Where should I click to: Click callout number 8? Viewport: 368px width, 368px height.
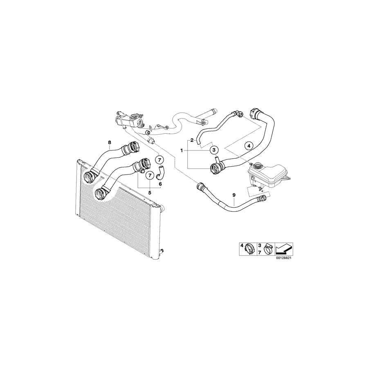pyautogui.click(x=109, y=142)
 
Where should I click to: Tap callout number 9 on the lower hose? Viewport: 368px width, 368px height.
pyautogui.click(x=234, y=195)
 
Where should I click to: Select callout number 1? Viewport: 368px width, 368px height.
pyautogui.click(x=182, y=150)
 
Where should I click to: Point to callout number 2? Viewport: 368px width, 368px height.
pyautogui.click(x=192, y=140)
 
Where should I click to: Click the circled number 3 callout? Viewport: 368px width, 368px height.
pyautogui.click(x=214, y=150)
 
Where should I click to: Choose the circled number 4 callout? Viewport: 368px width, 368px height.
pyautogui.click(x=249, y=146)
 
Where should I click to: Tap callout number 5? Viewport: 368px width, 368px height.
pyautogui.click(x=150, y=193)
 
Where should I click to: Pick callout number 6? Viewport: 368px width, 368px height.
pyautogui.click(x=160, y=184)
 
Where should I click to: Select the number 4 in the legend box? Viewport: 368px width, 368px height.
pyautogui.click(x=242, y=245)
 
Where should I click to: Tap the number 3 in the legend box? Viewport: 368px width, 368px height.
pyautogui.click(x=260, y=245)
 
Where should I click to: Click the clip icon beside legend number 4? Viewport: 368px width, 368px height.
pyautogui.click(x=250, y=249)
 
